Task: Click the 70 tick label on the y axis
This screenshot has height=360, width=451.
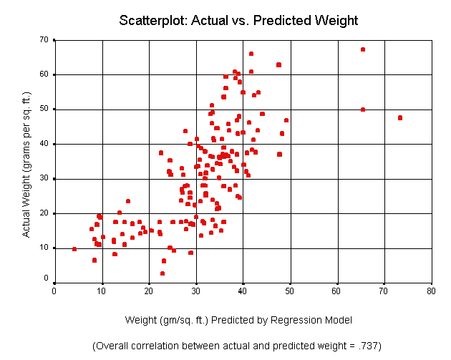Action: pyautogui.click(x=44, y=39)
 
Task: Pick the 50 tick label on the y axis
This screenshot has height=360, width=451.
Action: pyautogui.click(x=44, y=109)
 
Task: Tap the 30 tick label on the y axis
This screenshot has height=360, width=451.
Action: pyautogui.click(x=44, y=178)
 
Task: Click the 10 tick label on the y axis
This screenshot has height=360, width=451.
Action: pyautogui.click(x=44, y=248)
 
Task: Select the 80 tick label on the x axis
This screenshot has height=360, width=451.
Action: pyautogui.click(x=431, y=291)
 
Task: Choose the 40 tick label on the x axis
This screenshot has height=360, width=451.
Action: pyautogui.click(x=243, y=291)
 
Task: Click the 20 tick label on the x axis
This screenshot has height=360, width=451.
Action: pyautogui.click(x=149, y=291)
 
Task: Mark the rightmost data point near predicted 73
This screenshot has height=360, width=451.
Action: pyautogui.click(x=400, y=118)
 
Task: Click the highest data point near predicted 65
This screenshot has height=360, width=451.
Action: pyautogui.click(x=363, y=49)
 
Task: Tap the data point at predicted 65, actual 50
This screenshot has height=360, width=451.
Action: pyautogui.click(x=363, y=110)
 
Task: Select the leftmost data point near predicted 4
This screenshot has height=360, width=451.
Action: pyautogui.click(x=74, y=249)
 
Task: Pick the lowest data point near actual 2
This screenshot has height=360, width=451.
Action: pyautogui.click(x=163, y=273)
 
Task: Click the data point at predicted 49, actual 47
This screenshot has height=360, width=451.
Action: pyautogui.click(x=286, y=120)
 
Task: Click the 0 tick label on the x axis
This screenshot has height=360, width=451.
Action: pyautogui.click(x=54, y=291)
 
